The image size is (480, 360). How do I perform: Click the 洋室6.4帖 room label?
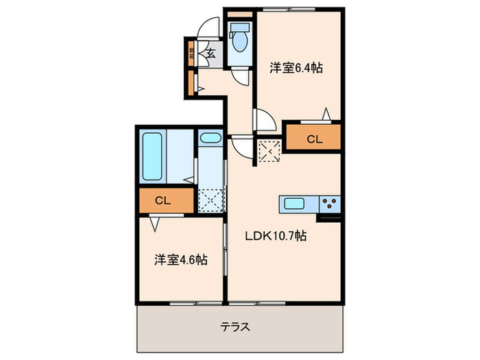tap(296, 68)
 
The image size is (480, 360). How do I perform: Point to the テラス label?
tap(235, 326)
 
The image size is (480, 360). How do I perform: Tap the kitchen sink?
tap(296, 203)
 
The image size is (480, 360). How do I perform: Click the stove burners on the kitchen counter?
tap(330, 203)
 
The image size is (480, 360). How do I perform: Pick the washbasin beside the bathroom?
tap(209, 139)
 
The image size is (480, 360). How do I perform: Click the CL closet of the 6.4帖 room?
tap(313, 139)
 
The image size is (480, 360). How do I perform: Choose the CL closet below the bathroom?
tap(163, 201)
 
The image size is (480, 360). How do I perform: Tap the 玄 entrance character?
tap(211, 53)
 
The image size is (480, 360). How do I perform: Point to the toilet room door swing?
tap(242, 76)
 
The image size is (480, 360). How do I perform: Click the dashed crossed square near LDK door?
tap(267, 150)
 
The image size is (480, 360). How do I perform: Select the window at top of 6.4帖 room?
tap(298, 10)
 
